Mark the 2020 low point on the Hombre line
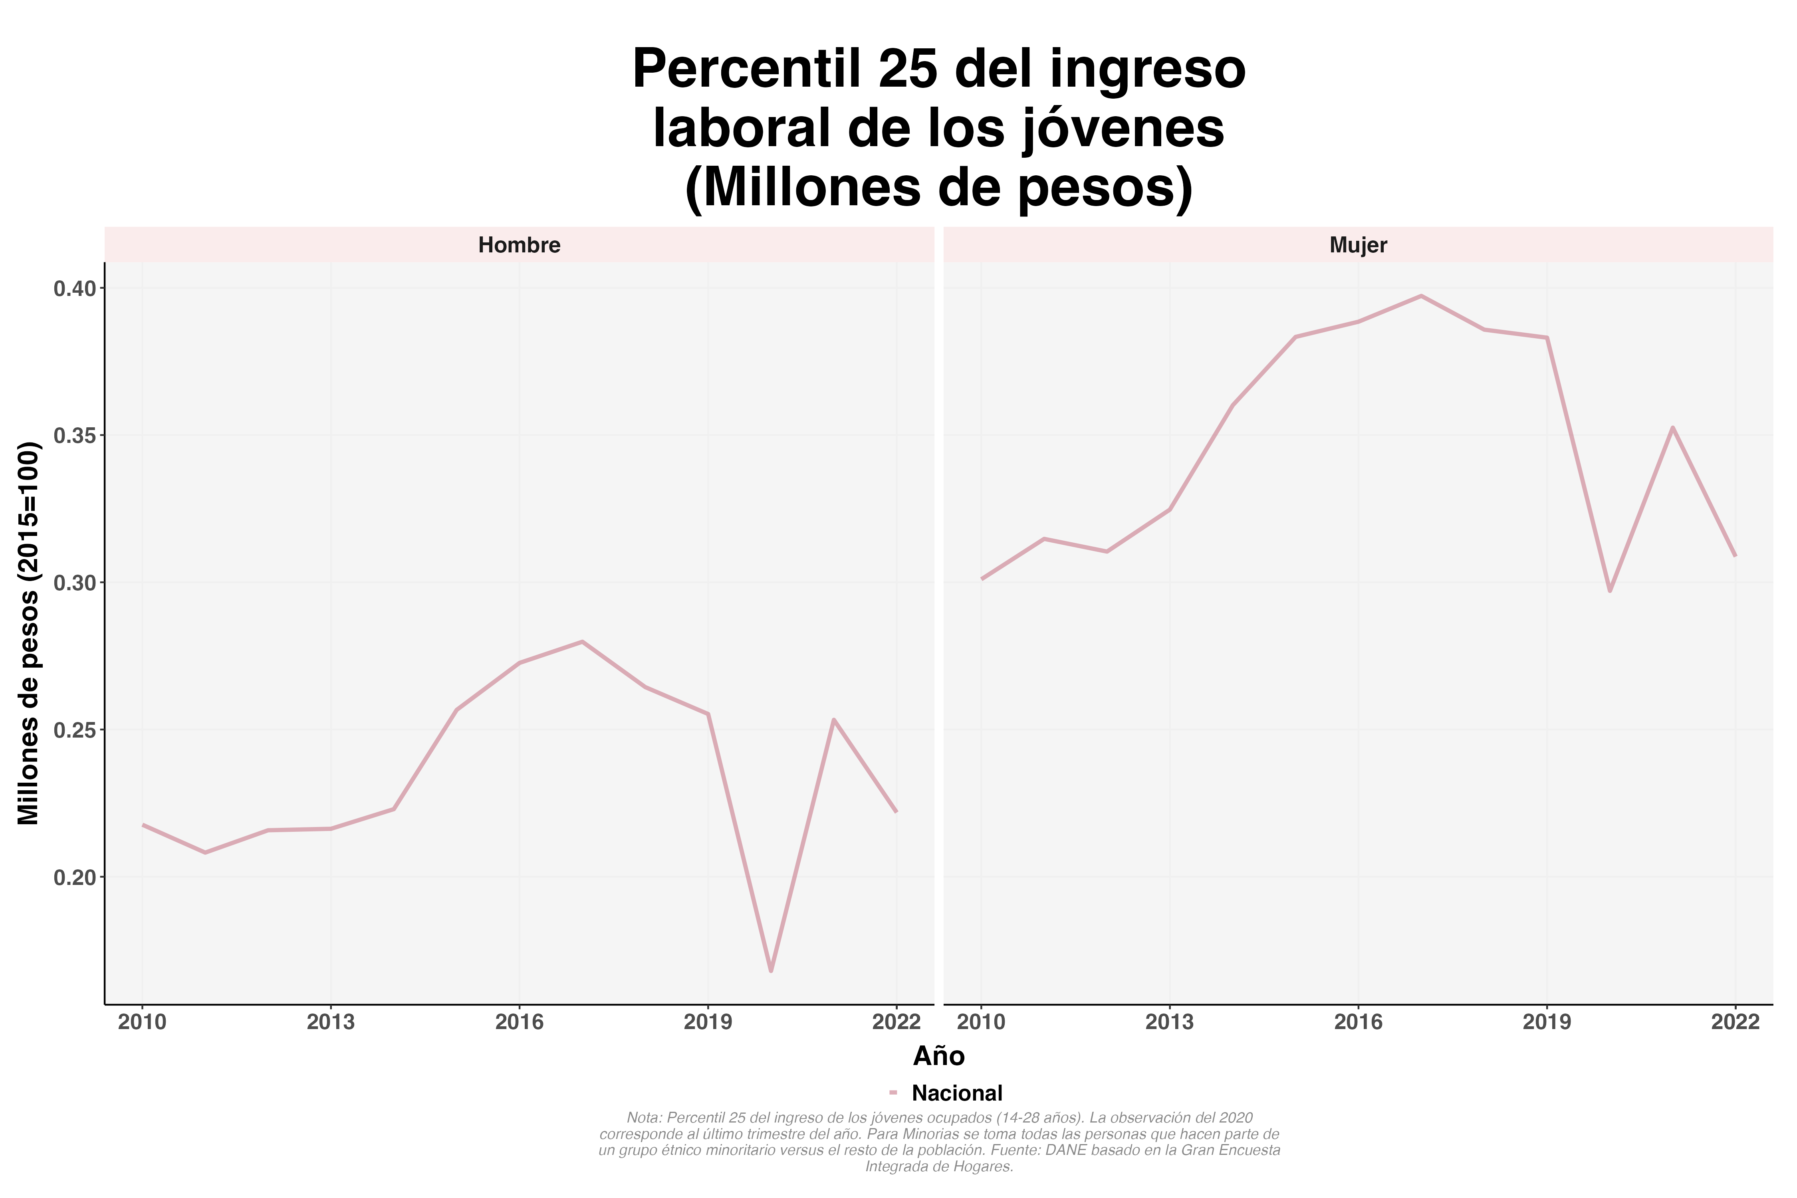(771, 970)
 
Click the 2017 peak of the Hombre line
(582, 642)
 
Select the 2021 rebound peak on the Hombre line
(833, 720)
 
